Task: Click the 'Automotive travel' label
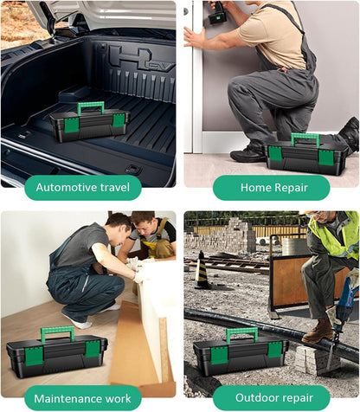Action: tap(83, 188)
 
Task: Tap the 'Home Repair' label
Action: tap(274, 188)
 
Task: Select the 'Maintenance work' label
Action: tap(82, 399)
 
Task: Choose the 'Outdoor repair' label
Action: tap(274, 397)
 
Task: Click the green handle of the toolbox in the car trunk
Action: tap(90, 106)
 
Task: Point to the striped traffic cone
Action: tap(202, 270)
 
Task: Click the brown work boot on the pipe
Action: tap(318, 331)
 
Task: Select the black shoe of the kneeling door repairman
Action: tap(247, 154)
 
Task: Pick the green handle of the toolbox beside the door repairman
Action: tap(305, 137)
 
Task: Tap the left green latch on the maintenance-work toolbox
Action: tap(34, 357)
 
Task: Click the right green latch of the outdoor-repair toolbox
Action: tap(275, 350)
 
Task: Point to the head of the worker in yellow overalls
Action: tap(143, 222)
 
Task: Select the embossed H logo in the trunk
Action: tap(131, 59)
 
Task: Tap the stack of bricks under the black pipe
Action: tap(314, 360)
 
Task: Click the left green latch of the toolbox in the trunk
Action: tap(70, 126)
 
